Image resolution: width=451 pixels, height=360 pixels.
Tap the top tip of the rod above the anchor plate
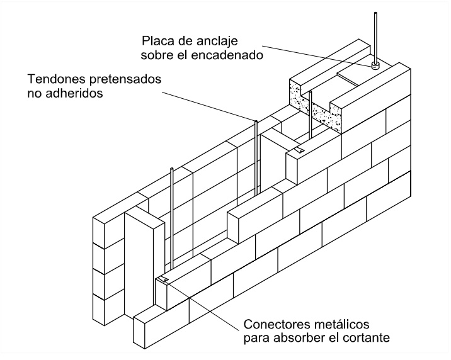point(376,14)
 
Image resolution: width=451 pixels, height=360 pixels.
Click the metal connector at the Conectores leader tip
point(164,279)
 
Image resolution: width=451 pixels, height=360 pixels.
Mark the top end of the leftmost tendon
point(171,169)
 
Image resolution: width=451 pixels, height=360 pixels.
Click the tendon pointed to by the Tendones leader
point(256,157)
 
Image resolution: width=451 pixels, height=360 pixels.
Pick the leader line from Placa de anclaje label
point(315,53)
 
